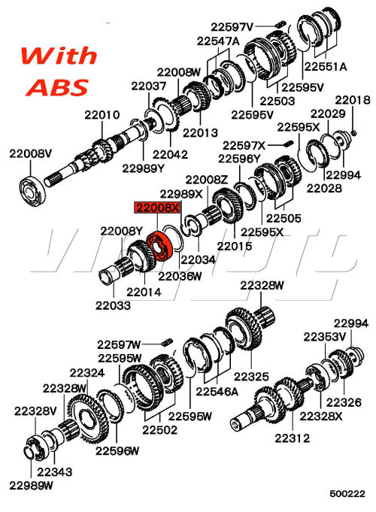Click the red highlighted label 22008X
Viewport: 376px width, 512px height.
point(158,207)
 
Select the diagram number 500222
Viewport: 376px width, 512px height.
point(347,494)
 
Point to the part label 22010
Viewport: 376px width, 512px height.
point(102,115)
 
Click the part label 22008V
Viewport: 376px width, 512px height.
point(30,153)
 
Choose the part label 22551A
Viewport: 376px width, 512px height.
point(325,66)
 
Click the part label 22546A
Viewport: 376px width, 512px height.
point(217,392)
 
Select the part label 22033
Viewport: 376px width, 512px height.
point(113,305)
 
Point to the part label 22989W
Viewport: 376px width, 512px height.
point(33,486)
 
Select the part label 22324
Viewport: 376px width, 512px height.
point(86,372)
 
